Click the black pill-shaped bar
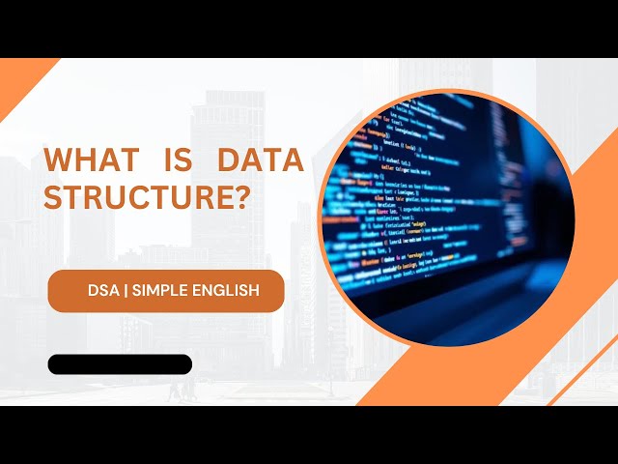[x=120, y=364]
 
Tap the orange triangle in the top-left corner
[x=19, y=82]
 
